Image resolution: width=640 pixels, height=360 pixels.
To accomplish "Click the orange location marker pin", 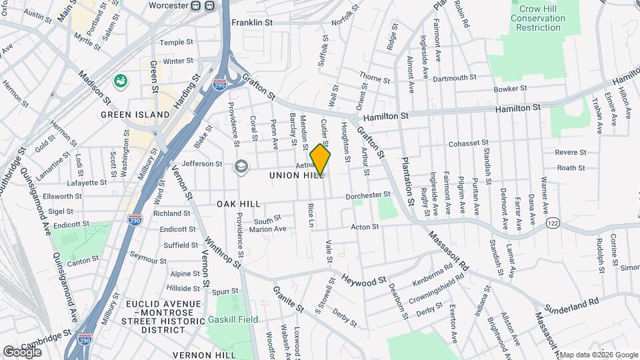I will [320, 159].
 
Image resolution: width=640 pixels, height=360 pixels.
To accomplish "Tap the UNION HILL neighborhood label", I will [297, 175].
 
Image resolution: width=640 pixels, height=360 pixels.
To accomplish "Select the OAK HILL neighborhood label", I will [239, 203].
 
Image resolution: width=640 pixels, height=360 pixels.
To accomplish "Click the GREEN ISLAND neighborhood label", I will [135, 115].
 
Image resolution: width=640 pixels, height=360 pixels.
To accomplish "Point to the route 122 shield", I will [552, 222].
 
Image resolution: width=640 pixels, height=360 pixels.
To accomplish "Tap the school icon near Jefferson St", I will [240, 166].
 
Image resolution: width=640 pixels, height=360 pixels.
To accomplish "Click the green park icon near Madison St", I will [121, 81].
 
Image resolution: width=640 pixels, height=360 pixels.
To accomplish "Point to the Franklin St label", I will [252, 23].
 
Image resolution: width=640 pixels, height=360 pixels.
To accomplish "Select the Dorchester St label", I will [367, 195].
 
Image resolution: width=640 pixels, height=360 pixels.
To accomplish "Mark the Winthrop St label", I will [222, 253].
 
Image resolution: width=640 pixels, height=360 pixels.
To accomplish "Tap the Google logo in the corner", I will [22, 351].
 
